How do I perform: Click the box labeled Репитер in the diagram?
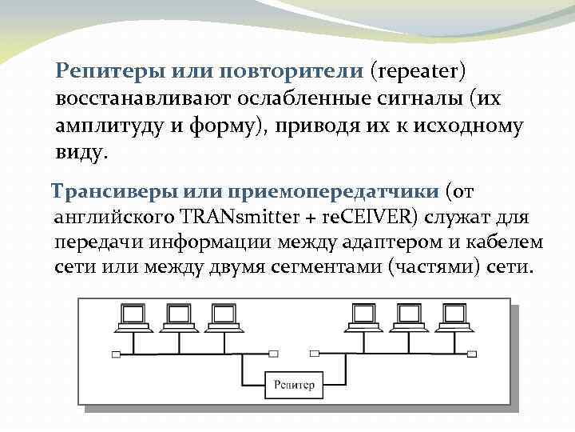[x=294, y=385]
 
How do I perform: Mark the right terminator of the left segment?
[x=274, y=353]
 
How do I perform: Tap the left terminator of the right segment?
[x=313, y=353]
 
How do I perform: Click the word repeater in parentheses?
[x=416, y=71]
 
